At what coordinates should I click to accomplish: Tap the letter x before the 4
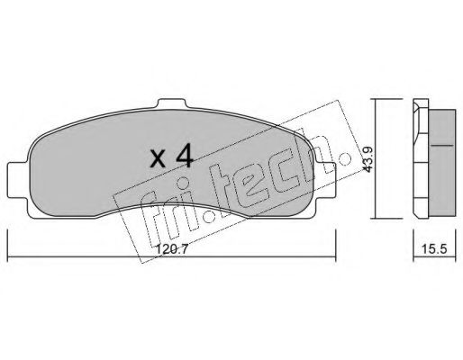pyautogui.click(x=157, y=160)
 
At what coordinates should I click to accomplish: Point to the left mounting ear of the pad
pyautogui.click(x=15, y=173)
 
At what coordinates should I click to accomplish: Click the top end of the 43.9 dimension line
pyautogui.click(x=377, y=99)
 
